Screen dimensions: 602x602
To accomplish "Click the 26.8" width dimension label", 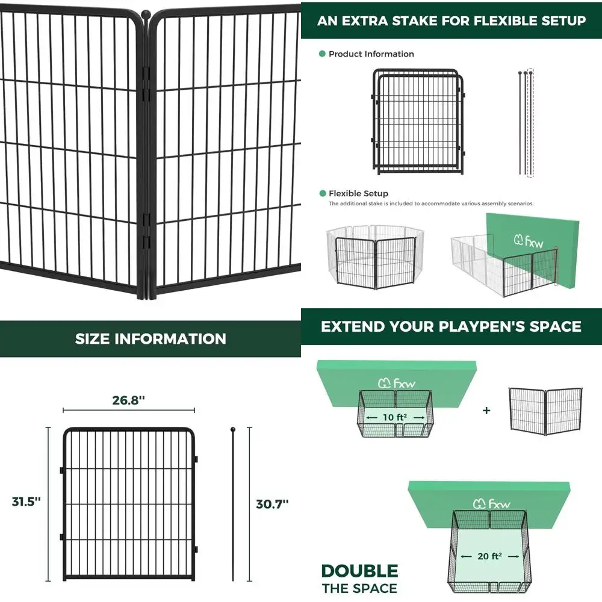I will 129,400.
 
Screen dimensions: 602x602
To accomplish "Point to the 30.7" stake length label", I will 272,504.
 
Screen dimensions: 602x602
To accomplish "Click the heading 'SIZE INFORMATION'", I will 150,338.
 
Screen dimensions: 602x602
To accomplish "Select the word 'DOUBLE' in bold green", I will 359,571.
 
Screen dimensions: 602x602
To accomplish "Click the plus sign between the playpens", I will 486,411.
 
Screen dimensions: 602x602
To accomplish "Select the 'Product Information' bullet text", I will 371,54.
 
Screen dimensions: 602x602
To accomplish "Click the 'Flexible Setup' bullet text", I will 358,193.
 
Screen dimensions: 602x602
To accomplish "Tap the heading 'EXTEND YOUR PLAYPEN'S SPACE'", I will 451,326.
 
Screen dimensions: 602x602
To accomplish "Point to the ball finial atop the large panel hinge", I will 145,13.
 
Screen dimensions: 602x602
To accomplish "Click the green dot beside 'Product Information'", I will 322,54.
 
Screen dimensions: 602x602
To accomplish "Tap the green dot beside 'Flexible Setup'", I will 322,193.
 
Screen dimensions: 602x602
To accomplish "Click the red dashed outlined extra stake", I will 530,123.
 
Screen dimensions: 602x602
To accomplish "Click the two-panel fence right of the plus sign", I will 545,411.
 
